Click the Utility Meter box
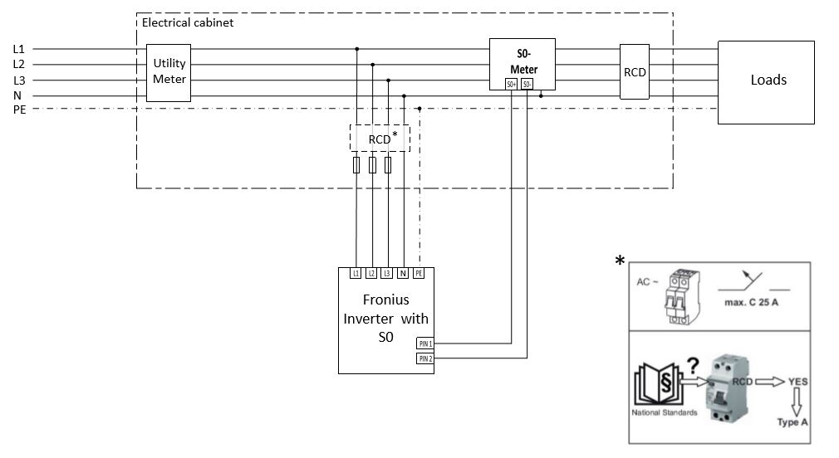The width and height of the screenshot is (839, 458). click(169, 72)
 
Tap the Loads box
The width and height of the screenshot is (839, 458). click(768, 80)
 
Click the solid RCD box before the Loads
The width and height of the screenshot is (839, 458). click(635, 71)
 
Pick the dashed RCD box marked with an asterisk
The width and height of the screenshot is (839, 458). click(380, 139)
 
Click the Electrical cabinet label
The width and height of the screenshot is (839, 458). click(188, 22)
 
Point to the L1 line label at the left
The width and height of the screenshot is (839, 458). click(19, 49)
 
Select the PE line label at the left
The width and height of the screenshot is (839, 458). click(19, 110)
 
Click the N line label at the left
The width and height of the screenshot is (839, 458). click(17, 95)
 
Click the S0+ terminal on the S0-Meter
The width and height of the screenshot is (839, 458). click(512, 84)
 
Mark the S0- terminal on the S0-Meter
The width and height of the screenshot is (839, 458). click(527, 84)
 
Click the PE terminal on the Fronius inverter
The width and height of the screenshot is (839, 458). click(419, 273)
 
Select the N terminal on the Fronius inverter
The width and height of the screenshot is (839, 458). click(404, 273)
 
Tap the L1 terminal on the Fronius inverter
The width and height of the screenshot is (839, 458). click(356, 273)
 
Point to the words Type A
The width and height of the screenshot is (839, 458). click(792, 422)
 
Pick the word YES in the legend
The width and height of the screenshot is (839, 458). click(798, 382)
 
